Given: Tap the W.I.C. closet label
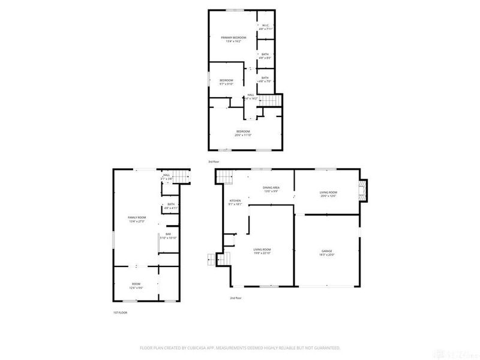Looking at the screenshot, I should [x=265, y=26].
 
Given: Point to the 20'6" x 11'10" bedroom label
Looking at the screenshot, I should [x=242, y=133].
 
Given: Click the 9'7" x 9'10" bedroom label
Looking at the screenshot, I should [x=226, y=82].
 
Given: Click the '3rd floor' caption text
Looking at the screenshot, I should [x=214, y=162].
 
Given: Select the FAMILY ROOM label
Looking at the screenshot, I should [x=137, y=218].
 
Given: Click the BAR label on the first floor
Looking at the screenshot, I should [x=168, y=236].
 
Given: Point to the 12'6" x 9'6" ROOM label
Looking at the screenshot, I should [x=136, y=286].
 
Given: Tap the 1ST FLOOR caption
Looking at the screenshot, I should [x=120, y=312].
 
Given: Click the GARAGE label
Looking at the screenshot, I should [x=327, y=253].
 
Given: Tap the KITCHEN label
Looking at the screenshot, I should [x=235, y=202].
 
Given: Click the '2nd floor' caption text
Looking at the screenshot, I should [x=235, y=298].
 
